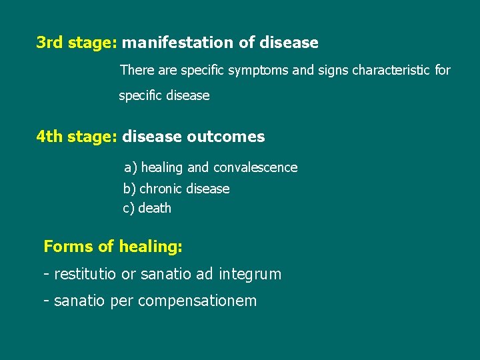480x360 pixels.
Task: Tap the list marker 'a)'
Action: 131,167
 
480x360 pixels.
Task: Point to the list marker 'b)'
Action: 129,189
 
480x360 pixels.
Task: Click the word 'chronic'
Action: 161,189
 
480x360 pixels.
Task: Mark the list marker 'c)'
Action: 129,209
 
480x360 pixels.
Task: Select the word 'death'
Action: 155,209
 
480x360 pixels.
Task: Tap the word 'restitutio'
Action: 85,274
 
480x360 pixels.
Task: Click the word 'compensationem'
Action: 197,301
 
